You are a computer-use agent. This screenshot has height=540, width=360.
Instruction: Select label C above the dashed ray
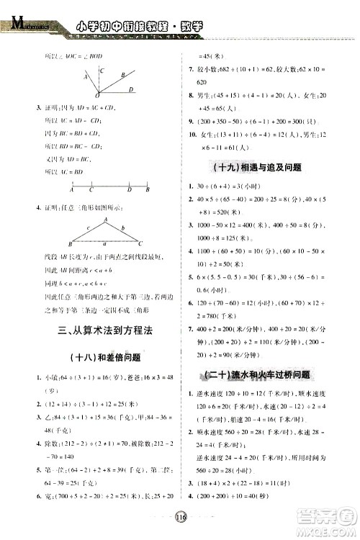pos(102,71)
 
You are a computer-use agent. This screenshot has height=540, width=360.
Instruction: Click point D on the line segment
pos(129,190)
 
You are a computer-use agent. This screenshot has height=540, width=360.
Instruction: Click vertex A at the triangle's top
pos(104,220)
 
